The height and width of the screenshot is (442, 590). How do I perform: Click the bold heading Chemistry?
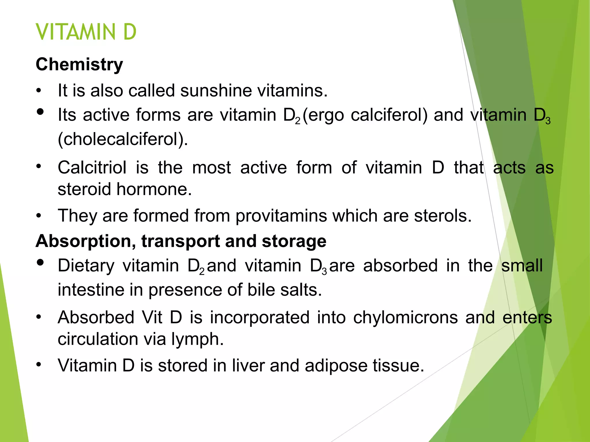click(79, 64)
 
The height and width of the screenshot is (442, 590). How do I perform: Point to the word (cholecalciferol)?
click(123, 139)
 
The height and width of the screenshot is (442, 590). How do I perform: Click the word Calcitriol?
click(92, 167)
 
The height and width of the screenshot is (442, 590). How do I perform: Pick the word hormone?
click(154, 189)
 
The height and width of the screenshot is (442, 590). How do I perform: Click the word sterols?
click(443, 216)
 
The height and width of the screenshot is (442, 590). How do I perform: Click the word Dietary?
click(86, 265)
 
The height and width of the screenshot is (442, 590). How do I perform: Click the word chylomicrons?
click(405, 317)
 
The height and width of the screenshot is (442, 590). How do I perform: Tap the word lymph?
click(197, 339)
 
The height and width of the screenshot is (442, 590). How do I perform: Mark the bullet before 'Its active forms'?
click(40, 112)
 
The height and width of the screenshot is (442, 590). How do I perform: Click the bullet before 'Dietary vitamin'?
click(40, 262)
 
